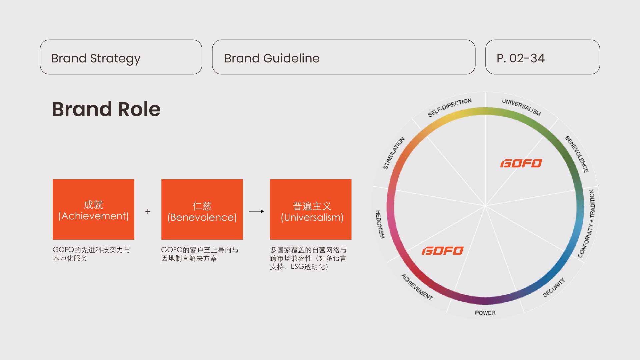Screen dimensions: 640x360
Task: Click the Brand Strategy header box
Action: click(x=121, y=57)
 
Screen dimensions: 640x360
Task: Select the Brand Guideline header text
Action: click(x=272, y=58)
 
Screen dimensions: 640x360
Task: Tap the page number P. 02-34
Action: click(x=521, y=58)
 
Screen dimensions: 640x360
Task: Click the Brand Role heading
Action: click(x=106, y=109)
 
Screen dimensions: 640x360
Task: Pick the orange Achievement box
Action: click(x=93, y=209)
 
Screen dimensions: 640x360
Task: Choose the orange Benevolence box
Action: click(x=202, y=209)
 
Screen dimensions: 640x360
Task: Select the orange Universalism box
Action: click(x=311, y=209)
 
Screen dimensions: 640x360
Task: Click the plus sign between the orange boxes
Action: click(x=148, y=211)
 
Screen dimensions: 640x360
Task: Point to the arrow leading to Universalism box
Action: click(x=256, y=211)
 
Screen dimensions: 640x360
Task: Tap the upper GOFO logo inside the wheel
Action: click(x=521, y=163)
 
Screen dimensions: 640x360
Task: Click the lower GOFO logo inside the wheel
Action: click(x=443, y=251)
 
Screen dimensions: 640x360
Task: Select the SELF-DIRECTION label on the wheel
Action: click(x=450, y=107)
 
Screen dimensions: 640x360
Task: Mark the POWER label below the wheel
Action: click(x=485, y=313)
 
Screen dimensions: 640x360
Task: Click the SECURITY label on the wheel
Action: click(x=554, y=287)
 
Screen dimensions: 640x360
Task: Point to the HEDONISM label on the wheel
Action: click(x=380, y=224)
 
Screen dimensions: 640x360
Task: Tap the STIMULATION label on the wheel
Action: click(x=394, y=153)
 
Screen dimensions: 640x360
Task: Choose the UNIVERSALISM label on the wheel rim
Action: click(x=521, y=107)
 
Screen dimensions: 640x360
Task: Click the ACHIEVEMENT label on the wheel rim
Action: click(x=417, y=287)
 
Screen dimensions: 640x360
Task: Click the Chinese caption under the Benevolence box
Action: click(x=200, y=254)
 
